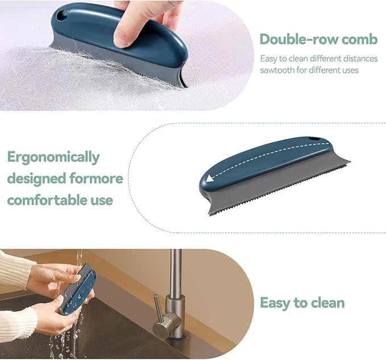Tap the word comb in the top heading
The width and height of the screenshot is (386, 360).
coord(359,39)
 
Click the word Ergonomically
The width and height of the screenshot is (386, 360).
coord(53,157)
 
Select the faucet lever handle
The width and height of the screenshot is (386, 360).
coord(157,309)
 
